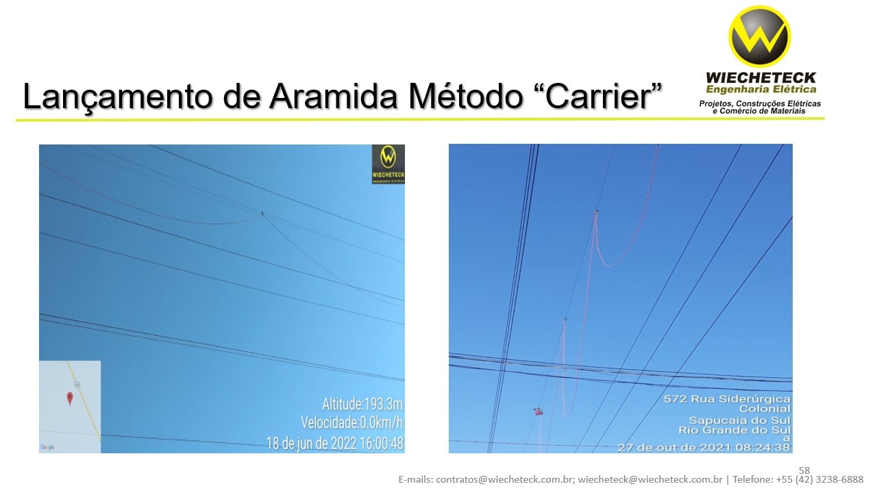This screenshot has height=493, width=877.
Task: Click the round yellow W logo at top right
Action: [x=760, y=36]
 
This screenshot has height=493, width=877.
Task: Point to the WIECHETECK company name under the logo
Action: [x=761, y=78]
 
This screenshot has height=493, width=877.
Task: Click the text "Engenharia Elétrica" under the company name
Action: [x=761, y=89]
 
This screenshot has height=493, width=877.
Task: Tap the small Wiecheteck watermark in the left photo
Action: [x=388, y=164]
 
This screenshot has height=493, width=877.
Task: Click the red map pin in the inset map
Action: [x=69, y=399]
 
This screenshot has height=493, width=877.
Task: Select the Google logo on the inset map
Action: [x=47, y=447]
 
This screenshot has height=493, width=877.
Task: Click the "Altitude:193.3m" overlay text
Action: [x=362, y=403]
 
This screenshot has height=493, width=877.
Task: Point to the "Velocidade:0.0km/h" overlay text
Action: [x=351, y=422]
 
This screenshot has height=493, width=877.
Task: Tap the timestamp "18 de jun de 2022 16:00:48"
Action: [x=335, y=443]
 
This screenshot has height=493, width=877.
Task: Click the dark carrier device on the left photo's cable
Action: [x=262, y=214]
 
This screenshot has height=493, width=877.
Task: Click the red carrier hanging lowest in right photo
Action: [x=538, y=412]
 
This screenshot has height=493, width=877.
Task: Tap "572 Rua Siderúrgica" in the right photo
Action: [x=727, y=399]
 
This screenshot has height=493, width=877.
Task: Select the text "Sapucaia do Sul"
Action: [x=739, y=420]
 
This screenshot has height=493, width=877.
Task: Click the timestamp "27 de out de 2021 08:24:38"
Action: [x=704, y=447]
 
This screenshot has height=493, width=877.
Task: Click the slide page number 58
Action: [x=804, y=470]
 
